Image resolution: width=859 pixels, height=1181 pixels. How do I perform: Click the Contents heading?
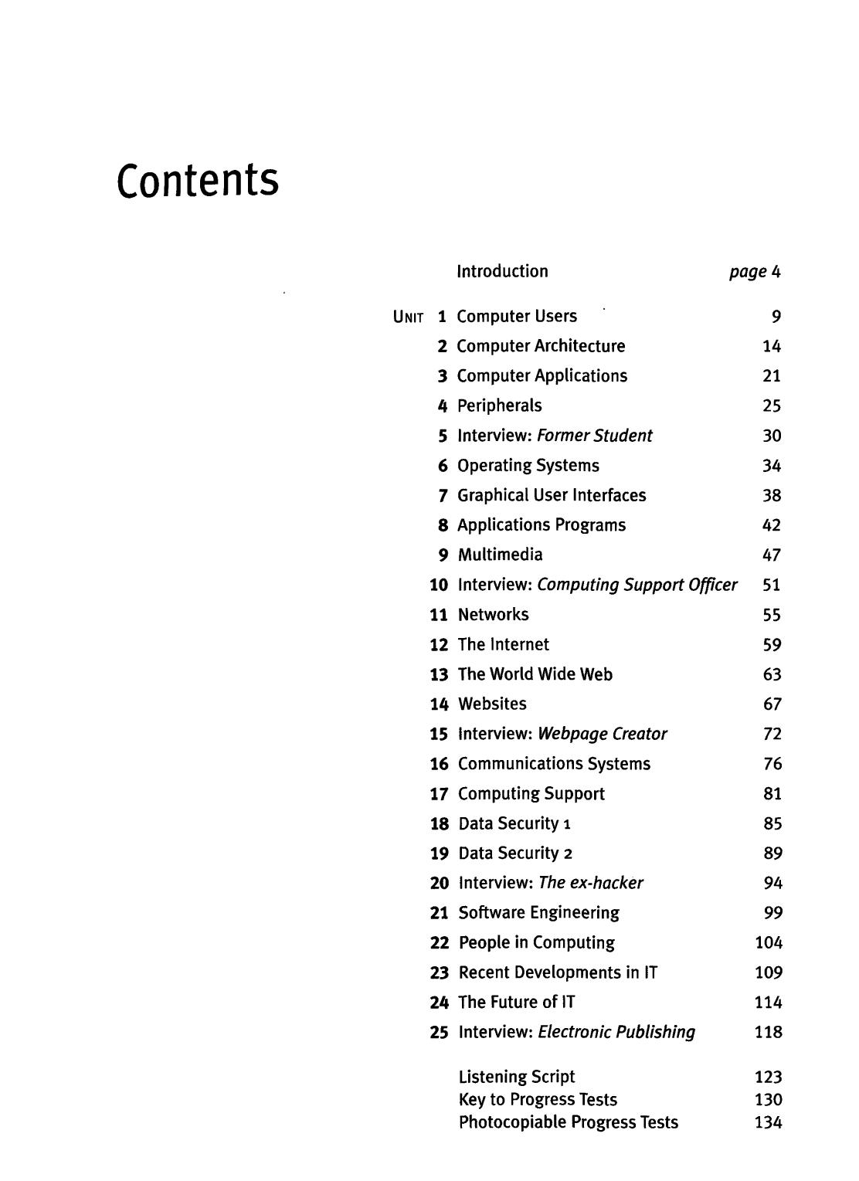197,180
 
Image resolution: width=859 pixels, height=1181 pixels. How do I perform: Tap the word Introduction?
502,271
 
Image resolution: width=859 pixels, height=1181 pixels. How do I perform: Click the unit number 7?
443,495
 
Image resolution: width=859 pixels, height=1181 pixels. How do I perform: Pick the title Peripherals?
500,406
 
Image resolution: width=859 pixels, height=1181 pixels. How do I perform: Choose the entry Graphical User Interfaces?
552,495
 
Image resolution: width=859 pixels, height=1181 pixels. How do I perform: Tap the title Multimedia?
500,555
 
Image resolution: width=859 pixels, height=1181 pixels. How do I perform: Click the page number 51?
771,585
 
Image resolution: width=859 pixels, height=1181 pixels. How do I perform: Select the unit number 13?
439,674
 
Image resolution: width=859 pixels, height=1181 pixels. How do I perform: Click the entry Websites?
492,704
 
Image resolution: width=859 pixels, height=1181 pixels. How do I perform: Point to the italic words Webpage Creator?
603,734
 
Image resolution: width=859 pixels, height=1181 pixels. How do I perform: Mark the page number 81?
772,793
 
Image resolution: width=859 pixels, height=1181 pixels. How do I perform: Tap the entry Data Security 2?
515,854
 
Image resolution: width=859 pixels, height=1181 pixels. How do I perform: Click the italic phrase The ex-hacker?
591,883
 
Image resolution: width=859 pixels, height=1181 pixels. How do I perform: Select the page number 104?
769,942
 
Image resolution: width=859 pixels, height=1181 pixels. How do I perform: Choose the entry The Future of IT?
516,1002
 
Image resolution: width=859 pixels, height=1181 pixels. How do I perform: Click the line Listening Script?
517,1077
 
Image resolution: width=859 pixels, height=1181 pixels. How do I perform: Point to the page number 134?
769,1122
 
